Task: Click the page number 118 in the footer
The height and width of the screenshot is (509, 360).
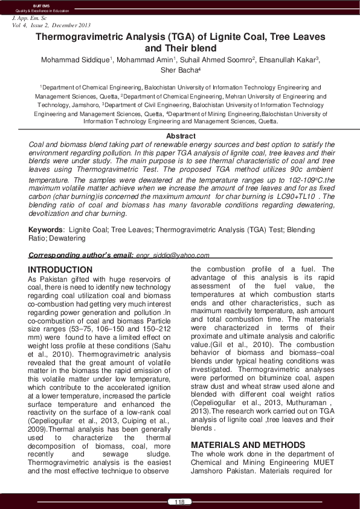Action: (x=179, y=502)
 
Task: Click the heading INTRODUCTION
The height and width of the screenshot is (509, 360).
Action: (x=60, y=270)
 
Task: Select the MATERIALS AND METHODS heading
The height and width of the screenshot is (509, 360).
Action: (x=241, y=427)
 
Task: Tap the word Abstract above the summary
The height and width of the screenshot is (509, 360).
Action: (x=180, y=137)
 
